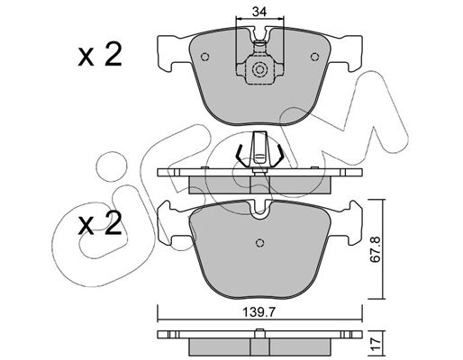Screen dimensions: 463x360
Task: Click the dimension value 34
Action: [259, 12]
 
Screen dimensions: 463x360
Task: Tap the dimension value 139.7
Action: [259, 312]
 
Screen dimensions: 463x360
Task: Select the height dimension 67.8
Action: [375, 249]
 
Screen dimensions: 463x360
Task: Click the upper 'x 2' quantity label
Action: [100, 54]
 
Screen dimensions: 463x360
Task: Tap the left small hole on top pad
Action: [204, 57]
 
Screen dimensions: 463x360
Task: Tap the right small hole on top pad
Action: [314, 57]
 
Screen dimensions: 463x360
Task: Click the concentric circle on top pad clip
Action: [259, 70]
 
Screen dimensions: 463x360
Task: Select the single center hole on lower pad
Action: [260, 242]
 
